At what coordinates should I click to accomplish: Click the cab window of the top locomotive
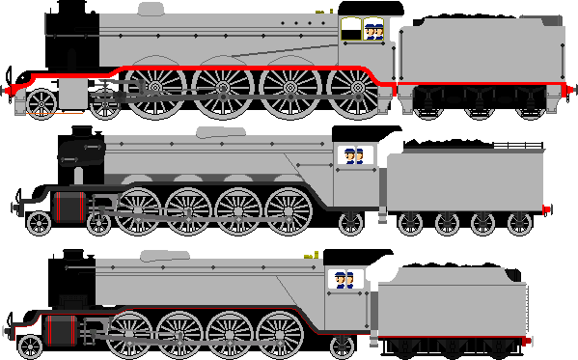[374, 29]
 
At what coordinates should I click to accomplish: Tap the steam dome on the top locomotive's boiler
[151, 11]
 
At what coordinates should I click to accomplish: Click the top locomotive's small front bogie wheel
[41, 102]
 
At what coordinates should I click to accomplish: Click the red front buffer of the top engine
[13, 90]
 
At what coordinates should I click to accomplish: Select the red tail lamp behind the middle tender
[547, 208]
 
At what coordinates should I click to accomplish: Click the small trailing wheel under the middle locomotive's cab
[350, 224]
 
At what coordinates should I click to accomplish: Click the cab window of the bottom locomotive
[343, 280]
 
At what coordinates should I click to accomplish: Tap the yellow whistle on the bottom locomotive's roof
[313, 255]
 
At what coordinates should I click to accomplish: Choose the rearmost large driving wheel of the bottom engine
[280, 334]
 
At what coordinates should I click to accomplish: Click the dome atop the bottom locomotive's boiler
[163, 256]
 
